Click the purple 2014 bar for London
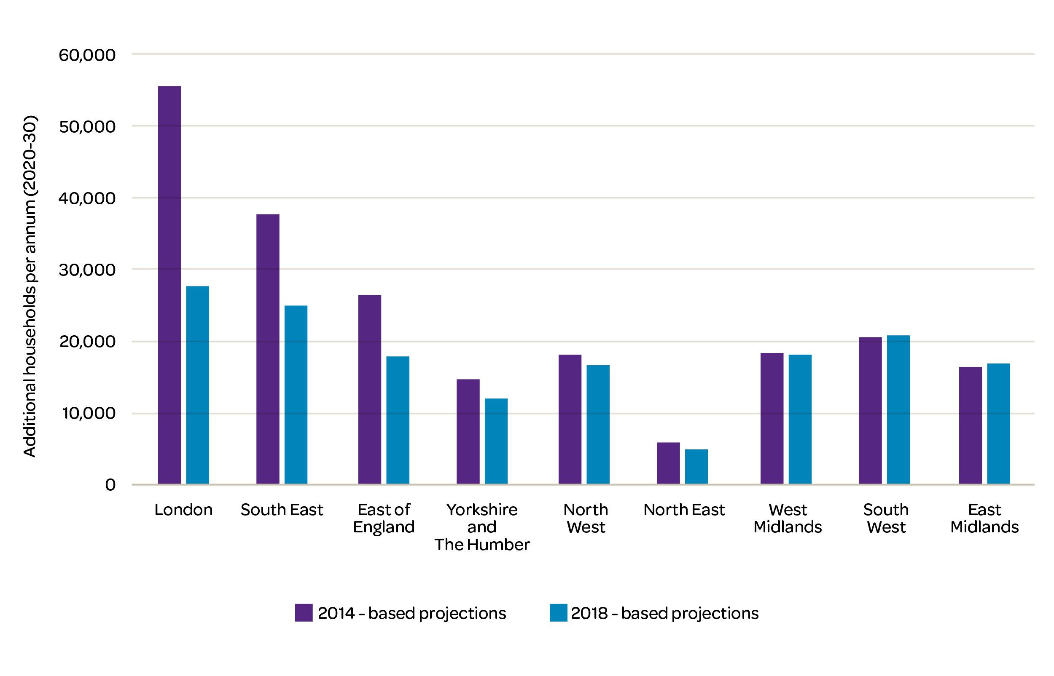coord(169,285)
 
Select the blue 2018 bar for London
coord(197,385)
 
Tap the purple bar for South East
coord(268,349)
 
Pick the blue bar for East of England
coord(398,420)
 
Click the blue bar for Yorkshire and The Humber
coord(496,441)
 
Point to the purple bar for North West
coord(570,419)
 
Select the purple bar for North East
coord(668,463)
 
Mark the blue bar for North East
coord(696,467)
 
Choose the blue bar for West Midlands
coord(800,419)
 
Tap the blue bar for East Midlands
coord(999,424)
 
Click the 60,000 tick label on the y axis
coord(87,55)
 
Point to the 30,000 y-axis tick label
coord(87,270)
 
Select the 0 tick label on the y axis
coord(110,485)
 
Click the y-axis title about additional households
coord(30,286)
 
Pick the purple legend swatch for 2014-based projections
coord(304,613)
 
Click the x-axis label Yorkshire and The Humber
coord(482,527)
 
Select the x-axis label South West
coord(886,518)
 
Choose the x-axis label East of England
coord(384,518)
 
